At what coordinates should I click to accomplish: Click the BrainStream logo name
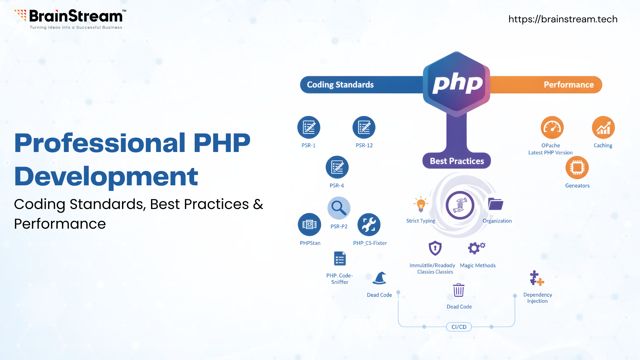[76, 16]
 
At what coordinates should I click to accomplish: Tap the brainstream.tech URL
[563, 19]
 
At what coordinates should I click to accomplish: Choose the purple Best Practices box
[457, 161]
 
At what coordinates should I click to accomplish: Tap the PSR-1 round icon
[309, 127]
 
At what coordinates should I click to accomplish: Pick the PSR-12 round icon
[364, 127]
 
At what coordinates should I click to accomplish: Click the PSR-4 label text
[337, 186]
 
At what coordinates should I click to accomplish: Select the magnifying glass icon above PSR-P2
[339, 208]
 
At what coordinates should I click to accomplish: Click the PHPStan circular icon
[309, 224]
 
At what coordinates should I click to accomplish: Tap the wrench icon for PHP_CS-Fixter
[369, 224]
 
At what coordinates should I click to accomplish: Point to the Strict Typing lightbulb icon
[421, 204]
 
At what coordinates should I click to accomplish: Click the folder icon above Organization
[495, 204]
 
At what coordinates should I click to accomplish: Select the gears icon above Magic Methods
[476, 248]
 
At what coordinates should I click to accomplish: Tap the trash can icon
[459, 290]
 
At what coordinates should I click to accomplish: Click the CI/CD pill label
[459, 327]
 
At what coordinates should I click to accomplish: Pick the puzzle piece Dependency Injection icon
[537, 278]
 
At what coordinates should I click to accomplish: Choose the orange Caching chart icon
[603, 127]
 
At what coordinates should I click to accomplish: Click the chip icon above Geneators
[577, 167]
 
